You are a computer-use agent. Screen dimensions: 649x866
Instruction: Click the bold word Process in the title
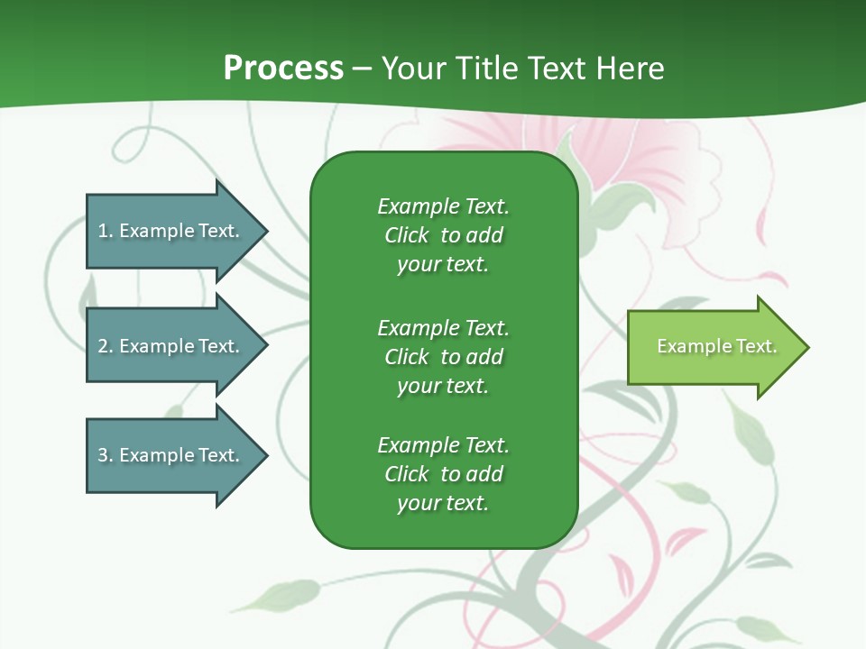point(283,68)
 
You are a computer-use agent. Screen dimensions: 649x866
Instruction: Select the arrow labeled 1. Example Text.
point(171,231)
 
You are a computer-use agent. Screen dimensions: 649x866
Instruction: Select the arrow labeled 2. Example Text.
point(171,346)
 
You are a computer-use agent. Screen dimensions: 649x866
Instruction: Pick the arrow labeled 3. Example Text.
point(171,455)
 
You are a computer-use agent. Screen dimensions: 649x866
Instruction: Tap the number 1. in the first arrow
point(106,231)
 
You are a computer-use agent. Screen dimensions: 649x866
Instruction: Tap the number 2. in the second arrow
point(106,346)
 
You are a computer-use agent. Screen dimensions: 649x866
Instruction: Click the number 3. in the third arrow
point(106,455)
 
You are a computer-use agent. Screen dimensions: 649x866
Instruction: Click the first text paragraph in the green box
point(443,235)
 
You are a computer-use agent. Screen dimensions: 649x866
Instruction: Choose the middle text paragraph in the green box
point(443,356)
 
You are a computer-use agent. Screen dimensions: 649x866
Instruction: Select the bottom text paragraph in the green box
point(443,474)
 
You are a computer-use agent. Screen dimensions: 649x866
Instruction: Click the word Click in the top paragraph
point(407,235)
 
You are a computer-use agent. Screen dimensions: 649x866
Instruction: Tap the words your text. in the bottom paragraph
point(443,503)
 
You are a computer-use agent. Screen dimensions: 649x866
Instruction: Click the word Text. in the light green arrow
point(757,346)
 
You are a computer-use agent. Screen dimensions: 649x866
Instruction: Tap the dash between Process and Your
point(363,69)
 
